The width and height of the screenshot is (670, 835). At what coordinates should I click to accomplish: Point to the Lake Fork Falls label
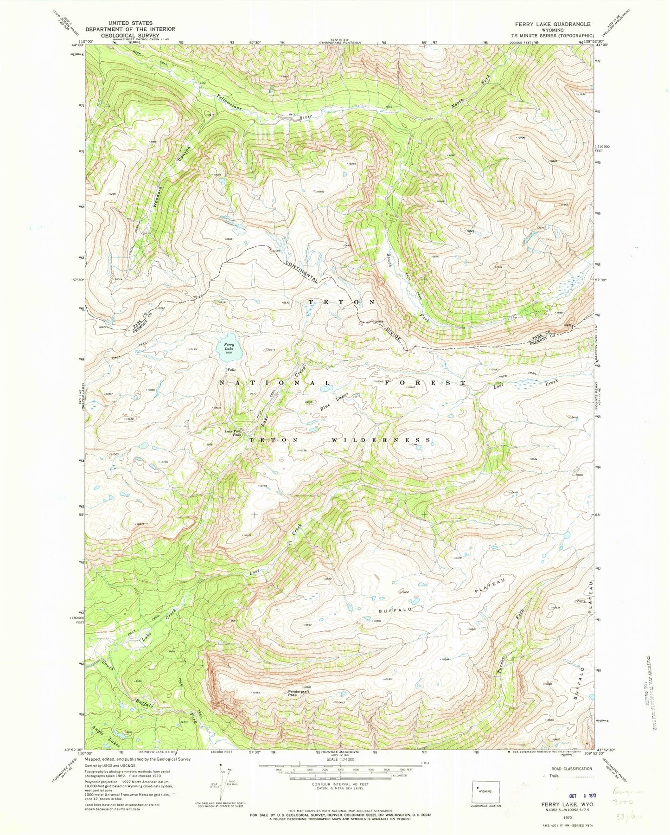click(233, 433)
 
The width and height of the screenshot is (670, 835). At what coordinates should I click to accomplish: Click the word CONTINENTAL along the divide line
click(302, 272)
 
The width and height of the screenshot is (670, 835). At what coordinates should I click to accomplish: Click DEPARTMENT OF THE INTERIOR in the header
click(130, 29)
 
